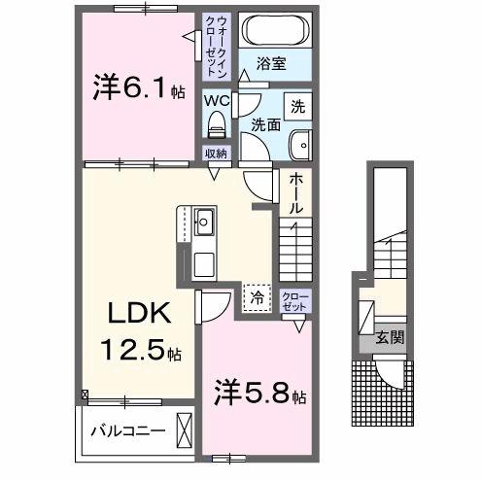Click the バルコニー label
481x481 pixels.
127,428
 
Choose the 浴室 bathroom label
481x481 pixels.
271,63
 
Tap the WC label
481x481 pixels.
215,97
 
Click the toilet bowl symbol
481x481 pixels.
217,123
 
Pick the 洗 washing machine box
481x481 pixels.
298,102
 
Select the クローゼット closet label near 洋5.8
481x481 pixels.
292,300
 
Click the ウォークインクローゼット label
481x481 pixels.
215,44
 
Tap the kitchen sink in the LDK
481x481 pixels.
207,224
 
